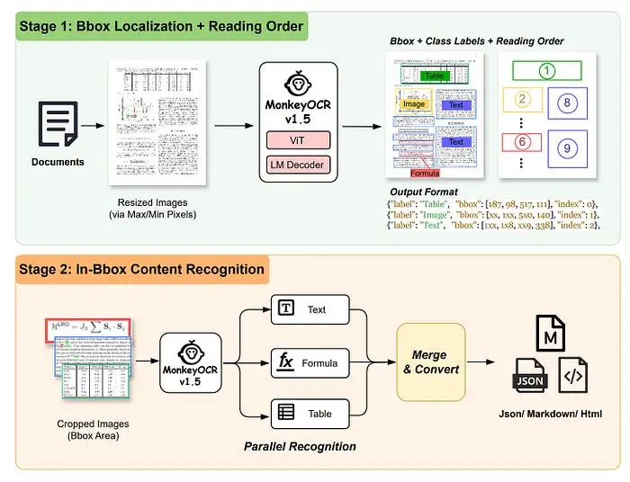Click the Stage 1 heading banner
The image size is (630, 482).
click(160, 25)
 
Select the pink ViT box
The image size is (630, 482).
click(298, 140)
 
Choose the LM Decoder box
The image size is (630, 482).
click(298, 165)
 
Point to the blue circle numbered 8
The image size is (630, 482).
click(566, 103)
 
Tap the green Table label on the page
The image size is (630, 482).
click(436, 76)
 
